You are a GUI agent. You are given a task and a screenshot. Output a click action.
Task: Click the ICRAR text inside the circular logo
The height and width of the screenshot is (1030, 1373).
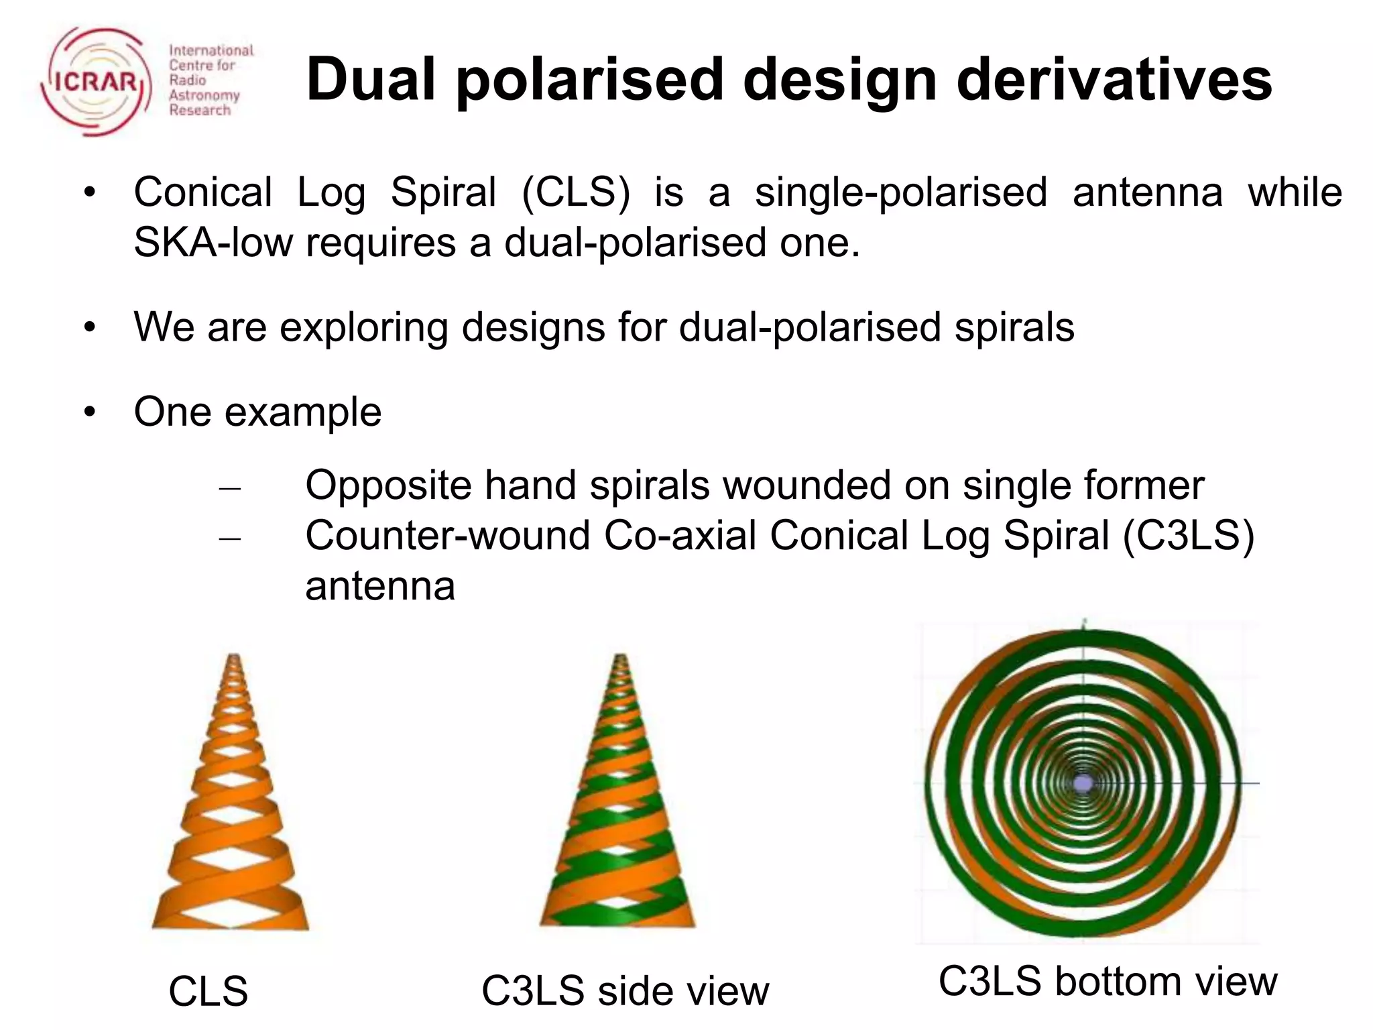pyautogui.click(x=96, y=82)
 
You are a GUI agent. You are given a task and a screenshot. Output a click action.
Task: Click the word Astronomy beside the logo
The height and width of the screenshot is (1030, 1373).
pyautogui.click(x=204, y=95)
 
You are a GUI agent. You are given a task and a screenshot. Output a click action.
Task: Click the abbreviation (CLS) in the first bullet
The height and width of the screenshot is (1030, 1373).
pyautogui.click(x=576, y=192)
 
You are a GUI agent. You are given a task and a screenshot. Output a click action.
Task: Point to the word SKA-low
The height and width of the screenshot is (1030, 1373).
pyautogui.click(x=213, y=242)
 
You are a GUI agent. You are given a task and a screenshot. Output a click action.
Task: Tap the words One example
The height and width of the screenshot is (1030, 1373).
pyautogui.click(x=257, y=411)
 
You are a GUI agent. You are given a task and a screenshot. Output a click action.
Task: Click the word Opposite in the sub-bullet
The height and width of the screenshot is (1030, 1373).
pyautogui.click(x=388, y=485)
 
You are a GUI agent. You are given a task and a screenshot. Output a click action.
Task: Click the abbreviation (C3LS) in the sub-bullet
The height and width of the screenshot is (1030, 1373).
pyautogui.click(x=1187, y=536)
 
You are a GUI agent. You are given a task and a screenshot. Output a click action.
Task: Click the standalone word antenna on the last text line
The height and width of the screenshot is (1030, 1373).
pyautogui.click(x=380, y=586)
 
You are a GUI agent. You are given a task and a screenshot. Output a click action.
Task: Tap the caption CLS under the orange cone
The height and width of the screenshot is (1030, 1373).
pyautogui.click(x=208, y=991)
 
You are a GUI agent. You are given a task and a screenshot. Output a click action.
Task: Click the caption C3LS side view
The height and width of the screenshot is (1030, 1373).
pyautogui.click(x=625, y=991)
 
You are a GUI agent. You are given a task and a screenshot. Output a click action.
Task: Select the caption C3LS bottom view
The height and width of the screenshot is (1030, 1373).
pyautogui.click(x=1108, y=981)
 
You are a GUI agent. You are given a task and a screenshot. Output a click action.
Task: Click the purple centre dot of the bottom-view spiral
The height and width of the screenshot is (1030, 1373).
pyautogui.click(x=1083, y=783)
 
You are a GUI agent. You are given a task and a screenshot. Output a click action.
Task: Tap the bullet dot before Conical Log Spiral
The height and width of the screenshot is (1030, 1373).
pyautogui.click(x=90, y=193)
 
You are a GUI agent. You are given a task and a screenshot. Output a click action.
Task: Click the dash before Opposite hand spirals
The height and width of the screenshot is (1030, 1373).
pyautogui.click(x=229, y=488)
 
